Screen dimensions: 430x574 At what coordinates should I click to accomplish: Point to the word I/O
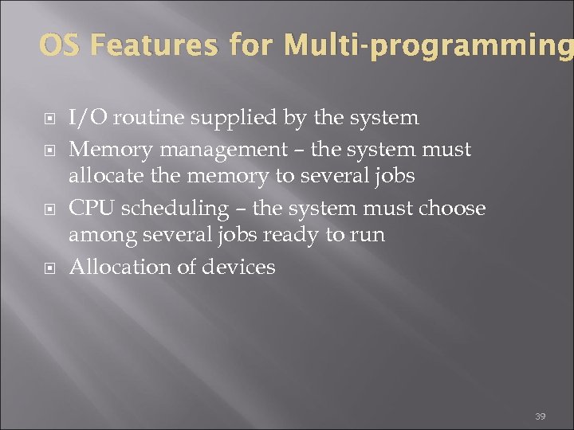[88, 119]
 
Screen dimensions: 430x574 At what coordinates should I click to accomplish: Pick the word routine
[143, 119]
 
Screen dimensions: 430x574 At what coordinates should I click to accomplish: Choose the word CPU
[92, 209]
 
